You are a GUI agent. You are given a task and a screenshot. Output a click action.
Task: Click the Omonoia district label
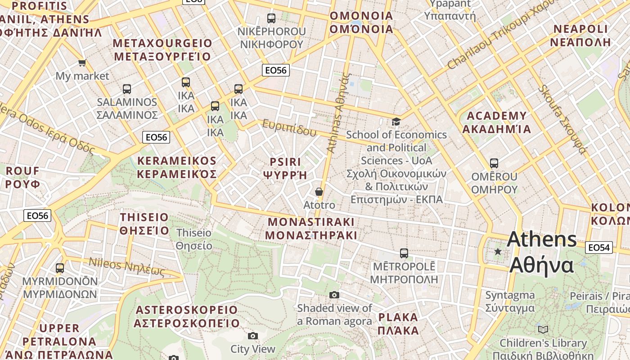coord(361,22)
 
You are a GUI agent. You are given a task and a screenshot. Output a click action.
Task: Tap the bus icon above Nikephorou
coord(271,18)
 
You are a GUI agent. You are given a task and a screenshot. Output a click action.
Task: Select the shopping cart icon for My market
coord(82,63)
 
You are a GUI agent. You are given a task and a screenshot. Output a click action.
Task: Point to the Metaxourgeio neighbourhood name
coord(162,50)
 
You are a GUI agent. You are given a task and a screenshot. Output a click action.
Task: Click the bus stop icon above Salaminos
coord(127,89)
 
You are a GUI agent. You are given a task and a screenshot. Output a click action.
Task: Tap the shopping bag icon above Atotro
coord(319,192)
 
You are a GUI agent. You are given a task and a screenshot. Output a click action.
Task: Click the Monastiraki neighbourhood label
coord(311,229)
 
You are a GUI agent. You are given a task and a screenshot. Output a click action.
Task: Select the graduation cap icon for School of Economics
coord(396,121)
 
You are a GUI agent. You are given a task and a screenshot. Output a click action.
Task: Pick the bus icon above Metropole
coord(404,253)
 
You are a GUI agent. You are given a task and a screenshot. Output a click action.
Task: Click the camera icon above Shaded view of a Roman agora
coord(334,295)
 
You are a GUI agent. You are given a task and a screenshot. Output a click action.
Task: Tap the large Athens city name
coord(542,252)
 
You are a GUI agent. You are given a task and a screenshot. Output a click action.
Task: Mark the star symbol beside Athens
coord(498,252)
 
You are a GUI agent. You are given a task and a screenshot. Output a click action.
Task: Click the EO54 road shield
coord(599,247)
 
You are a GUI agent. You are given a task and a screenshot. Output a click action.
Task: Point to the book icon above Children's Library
coord(543,329)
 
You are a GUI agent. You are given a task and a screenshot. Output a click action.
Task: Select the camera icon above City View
coord(253,336)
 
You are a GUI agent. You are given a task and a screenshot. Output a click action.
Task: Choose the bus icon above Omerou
coord(494,163)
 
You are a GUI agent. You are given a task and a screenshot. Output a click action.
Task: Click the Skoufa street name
coord(562,119)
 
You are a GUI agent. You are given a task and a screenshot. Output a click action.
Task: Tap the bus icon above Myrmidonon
coord(60,268)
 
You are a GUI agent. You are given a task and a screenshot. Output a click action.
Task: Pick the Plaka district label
coord(398,324)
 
